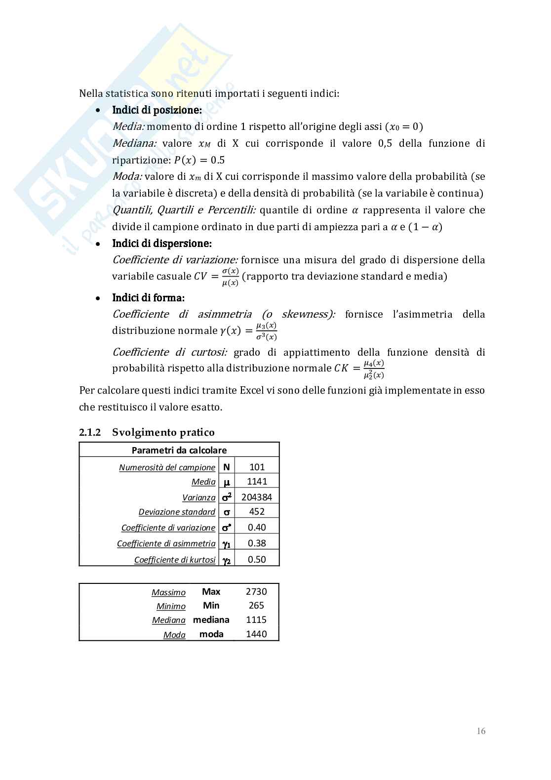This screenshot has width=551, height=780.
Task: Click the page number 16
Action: pyautogui.click(x=481, y=731)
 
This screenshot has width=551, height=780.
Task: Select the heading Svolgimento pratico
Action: pyautogui.click(x=163, y=432)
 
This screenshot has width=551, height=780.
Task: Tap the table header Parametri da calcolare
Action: pyautogui.click(x=179, y=450)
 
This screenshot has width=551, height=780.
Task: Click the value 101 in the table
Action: pyautogui.click(x=257, y=467)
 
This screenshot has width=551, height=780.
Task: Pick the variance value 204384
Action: pyautogui.click(x=256, y=497)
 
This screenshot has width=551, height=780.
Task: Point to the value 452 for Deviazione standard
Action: pyautogui.click(x=257, y=512)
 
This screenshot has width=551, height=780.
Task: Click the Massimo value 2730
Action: pyautogui.click(x=256, y=592)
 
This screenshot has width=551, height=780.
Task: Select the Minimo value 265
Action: pyautogui.click(x=256, y=606)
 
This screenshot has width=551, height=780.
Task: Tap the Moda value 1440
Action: pyautogui.click(x=256, y=634)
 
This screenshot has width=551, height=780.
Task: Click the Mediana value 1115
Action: pyautogui.click(x=256, y=620)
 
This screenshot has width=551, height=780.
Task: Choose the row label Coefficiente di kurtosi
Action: pyautogui.click(x=175, y=560)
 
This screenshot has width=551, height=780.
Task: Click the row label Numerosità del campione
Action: pyautogui.click(x=167, y=467)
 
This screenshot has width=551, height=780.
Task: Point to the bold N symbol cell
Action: pyautogui.click(x=227, y=467)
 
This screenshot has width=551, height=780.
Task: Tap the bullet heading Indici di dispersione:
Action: pyautogui.click(x=162, y=244)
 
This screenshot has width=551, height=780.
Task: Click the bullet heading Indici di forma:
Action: pyautogui.click(x=148, y=298)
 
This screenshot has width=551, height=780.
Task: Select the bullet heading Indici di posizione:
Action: pyautogui.click(x=157, y=110)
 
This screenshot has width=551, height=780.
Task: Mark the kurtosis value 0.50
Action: pyautogui.click(x=257, y=560)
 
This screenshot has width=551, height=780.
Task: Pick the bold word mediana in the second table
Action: pyautogui.click(x=211, y=620)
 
